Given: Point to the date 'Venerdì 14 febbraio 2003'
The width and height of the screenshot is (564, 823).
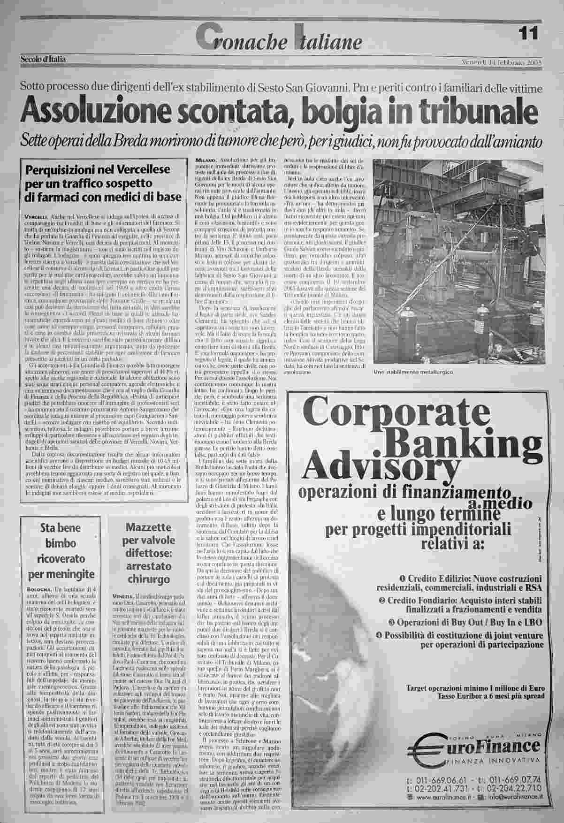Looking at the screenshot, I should [503, 62].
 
